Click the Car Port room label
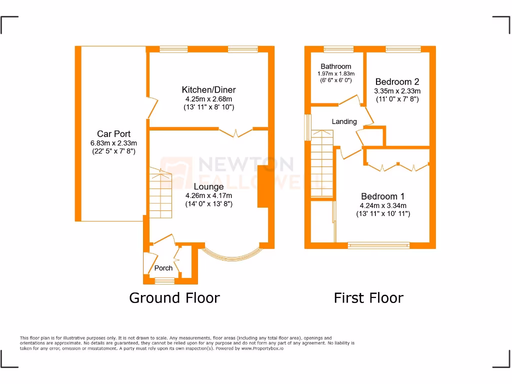(113, 133)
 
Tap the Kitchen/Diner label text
(208, 90)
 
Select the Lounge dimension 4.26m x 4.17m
(208, 195)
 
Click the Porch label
(163, 268)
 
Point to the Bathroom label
(336, 66)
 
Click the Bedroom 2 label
(397, 82)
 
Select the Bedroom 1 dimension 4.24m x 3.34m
(383, 205)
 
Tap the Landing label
(344, 121)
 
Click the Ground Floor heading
(174, 298)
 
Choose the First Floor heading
(368, 298)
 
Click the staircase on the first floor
(321, 165)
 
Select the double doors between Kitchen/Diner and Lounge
(235, 132)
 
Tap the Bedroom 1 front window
(378, 245)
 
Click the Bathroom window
(338, 49)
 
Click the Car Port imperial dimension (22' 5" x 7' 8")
(113, 150)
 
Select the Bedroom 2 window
(403, 49)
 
